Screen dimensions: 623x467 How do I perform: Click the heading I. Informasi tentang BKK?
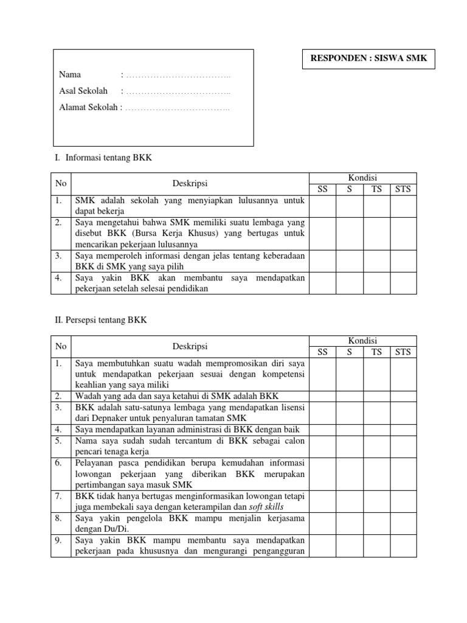click(x=103, y=158)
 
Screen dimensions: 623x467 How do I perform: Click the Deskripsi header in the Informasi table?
click(x=190, y=183)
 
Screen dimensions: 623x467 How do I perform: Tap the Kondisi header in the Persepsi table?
click(x=363, y=341)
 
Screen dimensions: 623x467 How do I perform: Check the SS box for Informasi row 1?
click(x=323, y=206)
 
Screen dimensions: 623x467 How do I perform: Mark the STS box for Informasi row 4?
click(x=403, y=284)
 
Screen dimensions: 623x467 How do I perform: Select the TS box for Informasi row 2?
click(x=377, y=233)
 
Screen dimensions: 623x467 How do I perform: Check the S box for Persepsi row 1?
click(x=350, y=374)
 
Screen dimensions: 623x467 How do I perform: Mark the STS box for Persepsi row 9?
click(x=403, y=546)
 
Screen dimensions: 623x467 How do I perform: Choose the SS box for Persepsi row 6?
click(x=323, y=473)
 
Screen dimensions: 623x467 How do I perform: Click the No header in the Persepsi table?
click(x=60, y=346)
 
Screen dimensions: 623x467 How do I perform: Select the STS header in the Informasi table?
click(x=403, y=189)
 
